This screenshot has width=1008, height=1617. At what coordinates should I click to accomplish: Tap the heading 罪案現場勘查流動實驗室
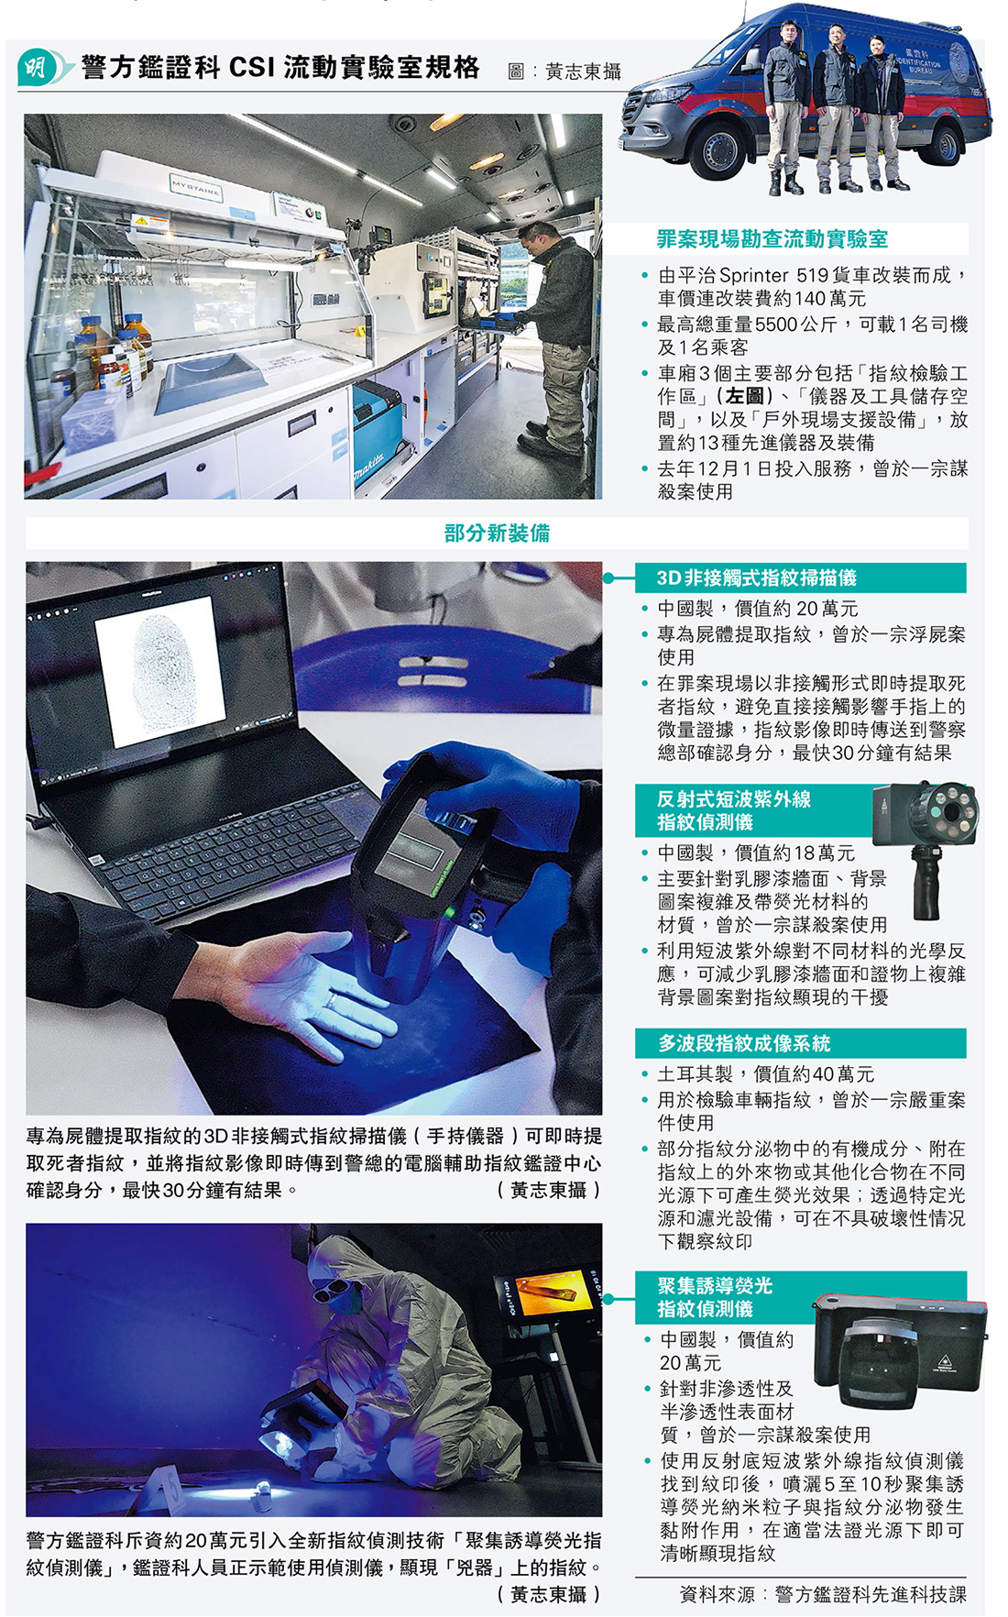772,239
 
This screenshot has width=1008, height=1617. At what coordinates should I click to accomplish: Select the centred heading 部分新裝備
497,533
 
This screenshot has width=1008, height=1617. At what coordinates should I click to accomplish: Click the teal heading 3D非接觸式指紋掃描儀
756,577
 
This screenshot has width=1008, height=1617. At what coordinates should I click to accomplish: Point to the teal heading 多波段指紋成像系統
743,1043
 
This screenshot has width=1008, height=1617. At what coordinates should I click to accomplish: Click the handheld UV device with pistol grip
925,849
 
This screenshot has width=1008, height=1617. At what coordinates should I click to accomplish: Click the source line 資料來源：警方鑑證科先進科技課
823,1594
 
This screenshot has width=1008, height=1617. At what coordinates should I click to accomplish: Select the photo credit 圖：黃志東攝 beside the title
564,71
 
